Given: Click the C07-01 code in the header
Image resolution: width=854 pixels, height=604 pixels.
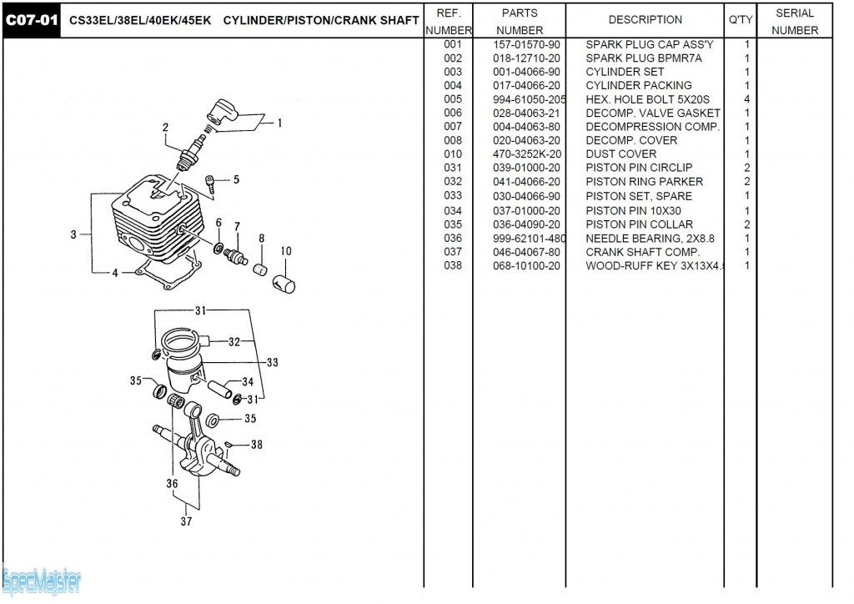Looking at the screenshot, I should coord(33,20).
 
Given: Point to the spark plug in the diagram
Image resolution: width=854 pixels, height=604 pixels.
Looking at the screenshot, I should coord(191,150).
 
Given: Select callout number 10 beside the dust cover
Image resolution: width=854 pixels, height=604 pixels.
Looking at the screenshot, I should coord(286,250).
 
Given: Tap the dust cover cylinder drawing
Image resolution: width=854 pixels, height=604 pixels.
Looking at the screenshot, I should coord(284,282).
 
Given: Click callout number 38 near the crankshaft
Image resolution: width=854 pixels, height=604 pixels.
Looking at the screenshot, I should coord(256,445).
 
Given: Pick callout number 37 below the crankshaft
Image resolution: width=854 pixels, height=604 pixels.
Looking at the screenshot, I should coord(186,521).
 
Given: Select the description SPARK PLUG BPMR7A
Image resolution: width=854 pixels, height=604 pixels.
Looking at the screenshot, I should coord(632,58).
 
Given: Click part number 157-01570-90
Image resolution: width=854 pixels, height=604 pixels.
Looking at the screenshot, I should coord(526,44).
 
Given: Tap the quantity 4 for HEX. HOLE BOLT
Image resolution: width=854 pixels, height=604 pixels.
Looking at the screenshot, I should coord(746,99).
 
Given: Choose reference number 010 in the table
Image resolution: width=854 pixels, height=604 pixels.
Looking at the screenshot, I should coord(453,154).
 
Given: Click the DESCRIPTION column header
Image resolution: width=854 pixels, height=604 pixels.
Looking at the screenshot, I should coord(645,19).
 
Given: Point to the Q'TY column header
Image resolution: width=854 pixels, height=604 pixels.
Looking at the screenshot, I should coord(741,19).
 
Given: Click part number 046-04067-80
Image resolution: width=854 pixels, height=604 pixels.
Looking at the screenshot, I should coord(526,252).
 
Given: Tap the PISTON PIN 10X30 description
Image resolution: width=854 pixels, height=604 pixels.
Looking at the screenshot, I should coord(633,210).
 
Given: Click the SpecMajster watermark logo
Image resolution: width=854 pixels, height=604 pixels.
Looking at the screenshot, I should coord(42,579).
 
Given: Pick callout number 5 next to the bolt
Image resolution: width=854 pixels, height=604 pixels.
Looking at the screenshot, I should coord(236,179).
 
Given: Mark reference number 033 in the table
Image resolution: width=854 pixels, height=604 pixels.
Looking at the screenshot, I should coord(453,196).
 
